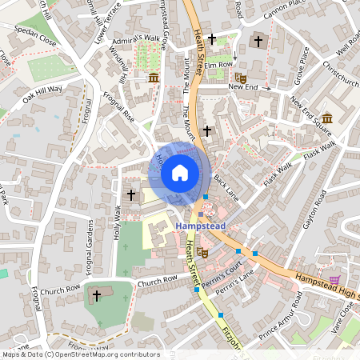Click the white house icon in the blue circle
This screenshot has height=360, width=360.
pyautogui.click(x=180, y=172)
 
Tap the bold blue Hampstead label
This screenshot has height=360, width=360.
pyautogui.click(x=200, y=226)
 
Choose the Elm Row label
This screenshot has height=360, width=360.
pyautogui.click(x=218, y=65)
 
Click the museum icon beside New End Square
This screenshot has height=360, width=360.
pyautogui.click(x=328, y=118)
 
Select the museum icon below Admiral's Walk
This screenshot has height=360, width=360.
pyautogui.click(x=154, y=77)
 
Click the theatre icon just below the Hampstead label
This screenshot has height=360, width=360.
pyautogui.click(x=204, y=251)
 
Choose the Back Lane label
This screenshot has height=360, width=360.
pyautogui.click(x=226, y=190)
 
